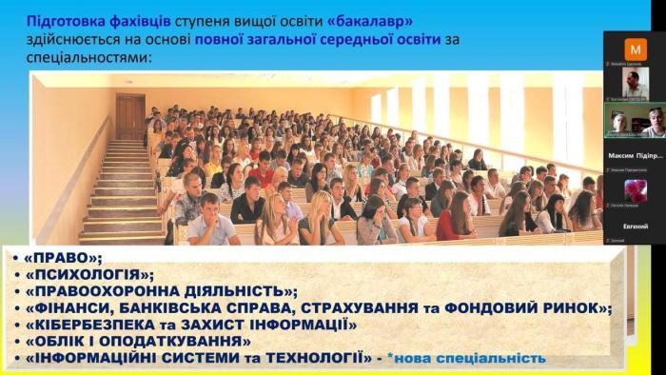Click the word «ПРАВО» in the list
[x=59, y=258]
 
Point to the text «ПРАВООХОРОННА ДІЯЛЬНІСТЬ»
[x=162, y=291]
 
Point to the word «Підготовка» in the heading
[x=59, y=20]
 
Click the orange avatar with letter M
[x=636, y=48]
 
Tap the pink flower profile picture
[x=636, y=190]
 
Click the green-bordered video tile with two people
[x=636, y=121]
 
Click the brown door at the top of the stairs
[x=130, y=115]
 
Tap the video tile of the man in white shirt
[x=636, y=84]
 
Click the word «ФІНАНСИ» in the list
[x=79, y=308]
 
